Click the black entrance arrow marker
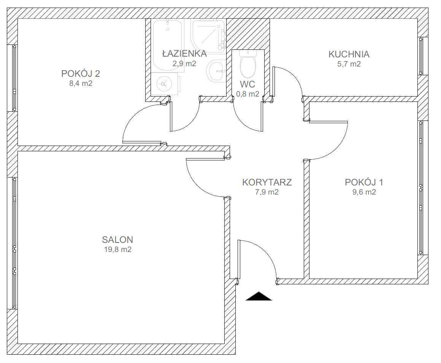coord(259,296)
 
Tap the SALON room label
coord(117,239)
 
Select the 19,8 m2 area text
coord(118,249)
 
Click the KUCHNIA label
coord(349,54)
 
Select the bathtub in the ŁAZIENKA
coord(168,45)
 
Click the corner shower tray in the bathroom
coord(208,36)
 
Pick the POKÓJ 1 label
coord(364,182)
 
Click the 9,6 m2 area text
coord(364,192)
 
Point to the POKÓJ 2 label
coord(81,74)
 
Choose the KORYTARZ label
coord(267,182)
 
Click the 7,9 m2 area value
coord(267,192)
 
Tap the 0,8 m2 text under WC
coord(247,94)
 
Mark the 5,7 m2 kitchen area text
coord(349,64)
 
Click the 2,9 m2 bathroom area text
coord(184,63)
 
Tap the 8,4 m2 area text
coord(81,84)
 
